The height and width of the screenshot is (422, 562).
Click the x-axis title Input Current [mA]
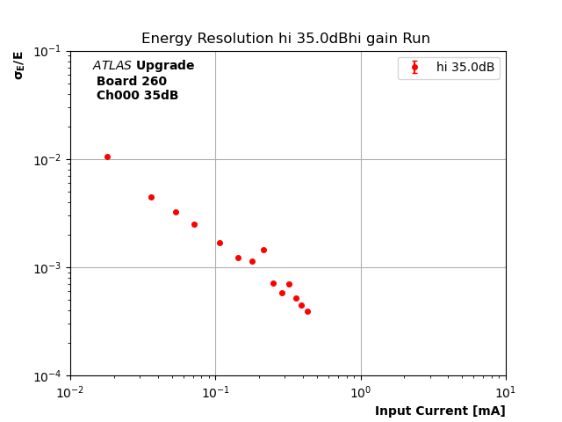(x=440, y=411)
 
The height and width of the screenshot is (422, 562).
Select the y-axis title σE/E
(x=18, y=65)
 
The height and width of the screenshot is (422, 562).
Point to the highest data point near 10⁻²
(x=107, y=156)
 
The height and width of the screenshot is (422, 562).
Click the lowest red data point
(x=307, y=311)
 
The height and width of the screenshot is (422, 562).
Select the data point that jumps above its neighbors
(x=263, y=250)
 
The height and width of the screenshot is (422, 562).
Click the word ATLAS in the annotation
(x=112, y=66)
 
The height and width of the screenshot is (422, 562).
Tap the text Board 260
(x=132, y=82)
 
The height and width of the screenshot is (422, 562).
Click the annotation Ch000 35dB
(x=137, y=96)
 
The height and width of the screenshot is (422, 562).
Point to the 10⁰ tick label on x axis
(x=361, y=390)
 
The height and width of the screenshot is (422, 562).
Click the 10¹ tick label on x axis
(x=506, y=390)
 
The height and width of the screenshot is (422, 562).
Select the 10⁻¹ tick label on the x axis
(x=215, y=390)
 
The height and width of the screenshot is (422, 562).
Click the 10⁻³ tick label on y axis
(x=49, y=268)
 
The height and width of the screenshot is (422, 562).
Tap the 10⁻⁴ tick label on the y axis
(x=49, y=376)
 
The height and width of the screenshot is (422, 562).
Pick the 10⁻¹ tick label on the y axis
(x=49, y=51)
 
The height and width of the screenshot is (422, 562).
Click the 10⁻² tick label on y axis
(x=49, y=160)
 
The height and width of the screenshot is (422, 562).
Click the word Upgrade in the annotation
(x=165, y=66)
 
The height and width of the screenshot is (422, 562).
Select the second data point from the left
(x=151, y=197)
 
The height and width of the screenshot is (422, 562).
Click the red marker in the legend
(x=414, y=68)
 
